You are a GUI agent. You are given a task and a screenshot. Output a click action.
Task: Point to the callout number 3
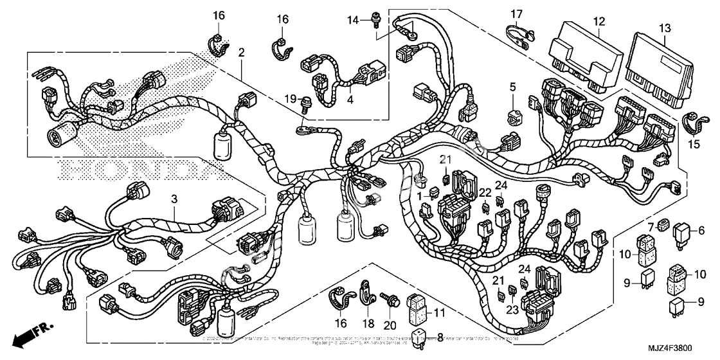point(173,199)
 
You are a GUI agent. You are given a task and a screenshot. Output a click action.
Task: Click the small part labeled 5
point(514,116)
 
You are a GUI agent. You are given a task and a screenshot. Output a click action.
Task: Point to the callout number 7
point(651,226)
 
